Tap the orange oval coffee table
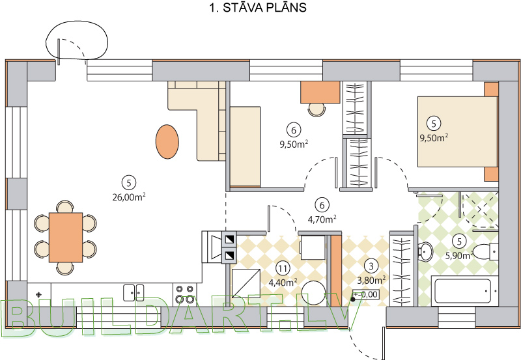(167, 141)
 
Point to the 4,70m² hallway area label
(321, 219)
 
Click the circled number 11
(282, 267)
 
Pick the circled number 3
(371, 266)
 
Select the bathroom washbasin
(427, 251)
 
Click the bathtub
(464, 290)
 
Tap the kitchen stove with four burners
(184, 294)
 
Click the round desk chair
(317, 109)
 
